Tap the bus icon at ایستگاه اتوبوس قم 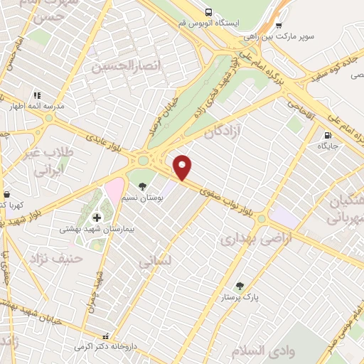(208, 12)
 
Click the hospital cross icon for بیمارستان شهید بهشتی (97, 217)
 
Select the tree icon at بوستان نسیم (143, 186)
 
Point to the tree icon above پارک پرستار (239, 286)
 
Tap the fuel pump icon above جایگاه (327, 135)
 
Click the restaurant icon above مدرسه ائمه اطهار (36, 94)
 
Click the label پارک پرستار (237, 296)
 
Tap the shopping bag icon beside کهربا (6, 194)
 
